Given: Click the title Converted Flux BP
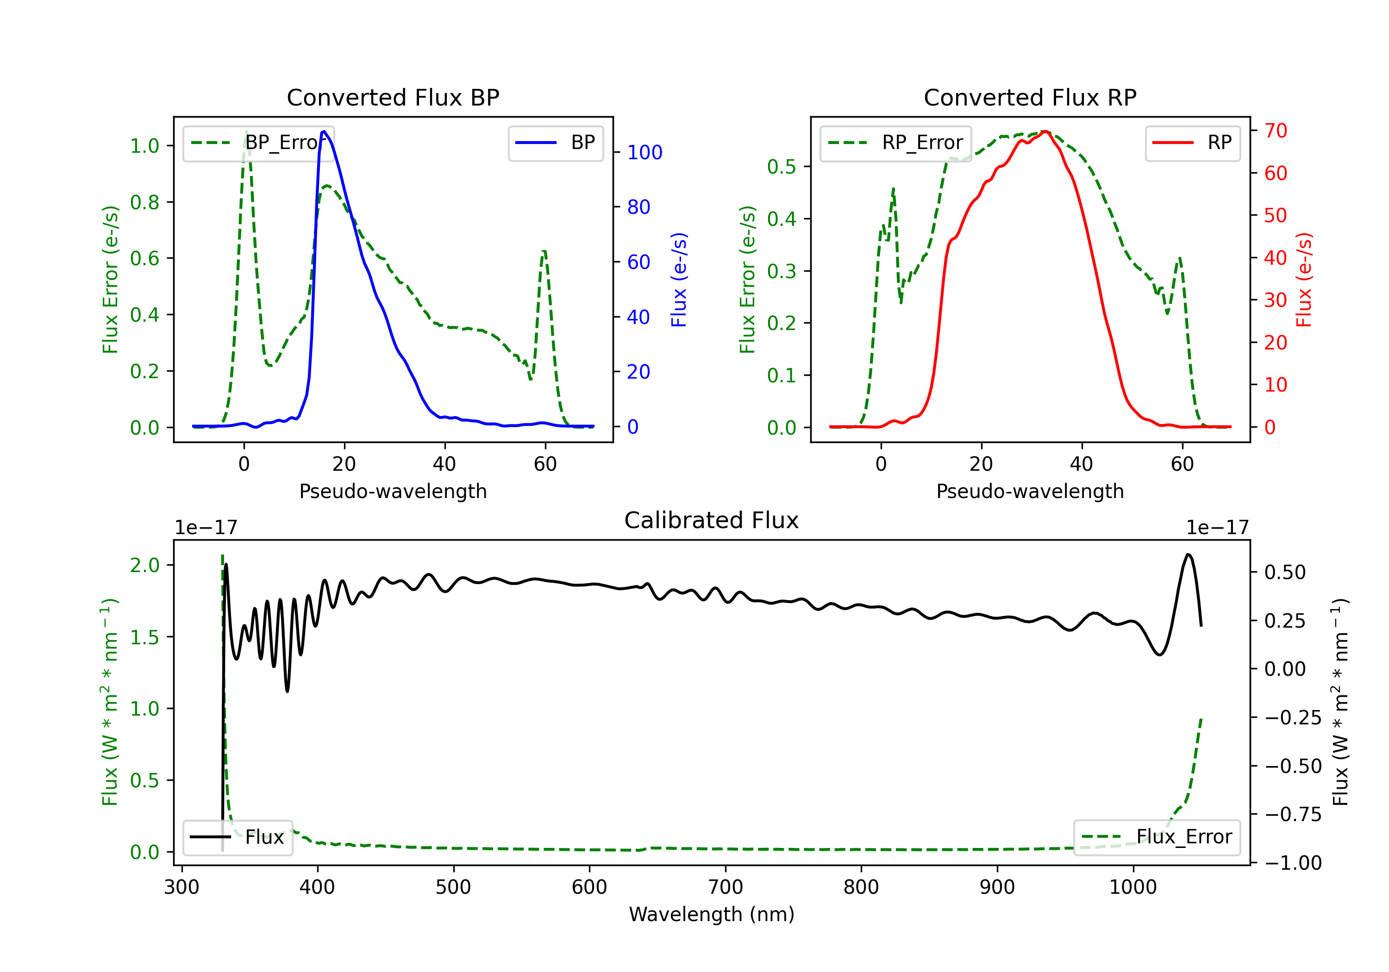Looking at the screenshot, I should [x=393, y=97].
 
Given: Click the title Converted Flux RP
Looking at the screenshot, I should [x=1030, y=97].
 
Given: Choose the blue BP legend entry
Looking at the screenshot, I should [x=555, y=143].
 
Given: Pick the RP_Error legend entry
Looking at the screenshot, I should [x=895, y=143].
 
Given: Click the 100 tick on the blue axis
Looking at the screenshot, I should [x=644, y=152].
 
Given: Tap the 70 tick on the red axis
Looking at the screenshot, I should [x=1275, y=131].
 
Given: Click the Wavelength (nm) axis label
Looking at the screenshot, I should [x=712, y=914].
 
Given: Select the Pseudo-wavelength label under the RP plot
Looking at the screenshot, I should [x=1030, y=491].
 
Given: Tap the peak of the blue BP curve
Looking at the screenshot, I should [x=324, y=131].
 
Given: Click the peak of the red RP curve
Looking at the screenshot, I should [x=1045, y=131].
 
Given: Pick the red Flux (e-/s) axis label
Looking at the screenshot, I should [x=1304, y=280].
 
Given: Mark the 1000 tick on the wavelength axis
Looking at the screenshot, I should [x=1132, y=887].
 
